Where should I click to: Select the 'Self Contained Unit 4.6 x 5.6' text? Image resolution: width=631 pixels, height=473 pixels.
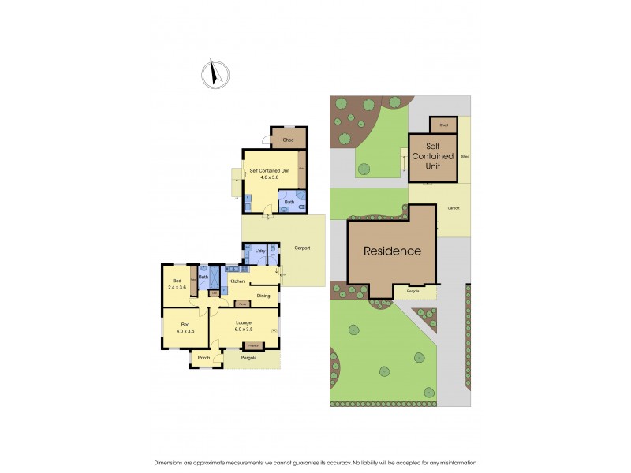pyautogui.click(x=265, y=174)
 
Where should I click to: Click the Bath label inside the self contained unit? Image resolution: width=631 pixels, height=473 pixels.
pyautogui.click(x=289, y=201)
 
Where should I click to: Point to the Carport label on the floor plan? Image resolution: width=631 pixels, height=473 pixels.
pyautogui.click(x=302, y=248)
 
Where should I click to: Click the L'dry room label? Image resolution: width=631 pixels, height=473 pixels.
pyautogui.click(x=260, y=251)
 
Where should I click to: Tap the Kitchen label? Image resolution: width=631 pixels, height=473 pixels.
pyautogui.click(x=237, y=281)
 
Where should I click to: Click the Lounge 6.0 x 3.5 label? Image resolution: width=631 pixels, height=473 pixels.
pyautogui.click(x=244, y=326)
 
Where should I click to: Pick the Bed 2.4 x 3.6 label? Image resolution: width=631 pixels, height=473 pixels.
pyautogui.click(x=176, y=284)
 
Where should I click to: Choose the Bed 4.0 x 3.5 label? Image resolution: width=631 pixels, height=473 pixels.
pyautogui.click(x=185, y=328)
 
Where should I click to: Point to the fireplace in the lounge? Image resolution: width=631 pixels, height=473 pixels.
pyautogui.click(x=253, y=345)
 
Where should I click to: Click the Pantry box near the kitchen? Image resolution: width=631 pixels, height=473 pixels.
pyautogui.click(x=243, y=302)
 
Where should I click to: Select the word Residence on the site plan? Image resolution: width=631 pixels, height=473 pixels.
pyautogui.click(x=392, y=251)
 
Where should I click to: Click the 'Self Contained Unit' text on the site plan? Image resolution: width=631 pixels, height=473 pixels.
pyautogui.click(x=433, y=156)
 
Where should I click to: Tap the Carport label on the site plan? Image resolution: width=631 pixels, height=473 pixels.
pyautogui.click(x=453, y=208)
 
